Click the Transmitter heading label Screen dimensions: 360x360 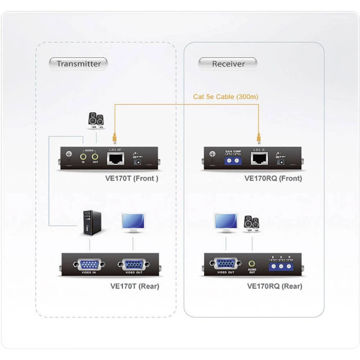click(x=78, y=64)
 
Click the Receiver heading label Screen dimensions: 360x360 click(x=228, y=64)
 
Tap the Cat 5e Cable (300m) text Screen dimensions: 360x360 click(x=226, y=96)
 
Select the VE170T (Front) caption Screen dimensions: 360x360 click(x=134, y=178)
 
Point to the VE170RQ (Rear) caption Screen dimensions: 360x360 click(x=275, y=286)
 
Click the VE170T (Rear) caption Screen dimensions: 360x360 click(x=134, y=286)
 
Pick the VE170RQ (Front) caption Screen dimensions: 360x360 click(x=273, y=178)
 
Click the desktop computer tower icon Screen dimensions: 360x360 click(x=92, y=223)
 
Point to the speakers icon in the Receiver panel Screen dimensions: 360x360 click(x=251, y=224)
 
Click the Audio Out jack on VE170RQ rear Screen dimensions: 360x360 click(x=252, y=264)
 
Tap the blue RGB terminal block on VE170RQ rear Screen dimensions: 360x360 click(x=281, y=266)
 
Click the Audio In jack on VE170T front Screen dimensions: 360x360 click(x=84, y=157)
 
